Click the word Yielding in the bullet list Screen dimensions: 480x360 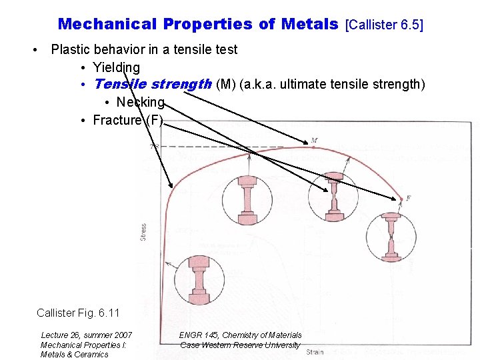[116, 67]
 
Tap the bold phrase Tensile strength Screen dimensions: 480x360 [152, 84]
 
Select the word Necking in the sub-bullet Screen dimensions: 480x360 [140, 102]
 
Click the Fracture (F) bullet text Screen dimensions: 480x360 [127, 120]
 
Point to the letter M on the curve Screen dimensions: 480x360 [314, 140]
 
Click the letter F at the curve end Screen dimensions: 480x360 [408, 198]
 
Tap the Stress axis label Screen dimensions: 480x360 [143, 232]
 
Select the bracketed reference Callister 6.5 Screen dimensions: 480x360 [385, 25]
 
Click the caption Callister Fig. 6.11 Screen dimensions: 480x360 [78, 313]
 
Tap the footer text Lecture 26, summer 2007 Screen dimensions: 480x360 [87, 335]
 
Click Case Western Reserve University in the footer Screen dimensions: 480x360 [240, 345]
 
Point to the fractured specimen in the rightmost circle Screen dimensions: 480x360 [391, 237]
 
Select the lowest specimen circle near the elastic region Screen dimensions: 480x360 [199, 280]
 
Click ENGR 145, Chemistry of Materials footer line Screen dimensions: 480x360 [240, 335]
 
